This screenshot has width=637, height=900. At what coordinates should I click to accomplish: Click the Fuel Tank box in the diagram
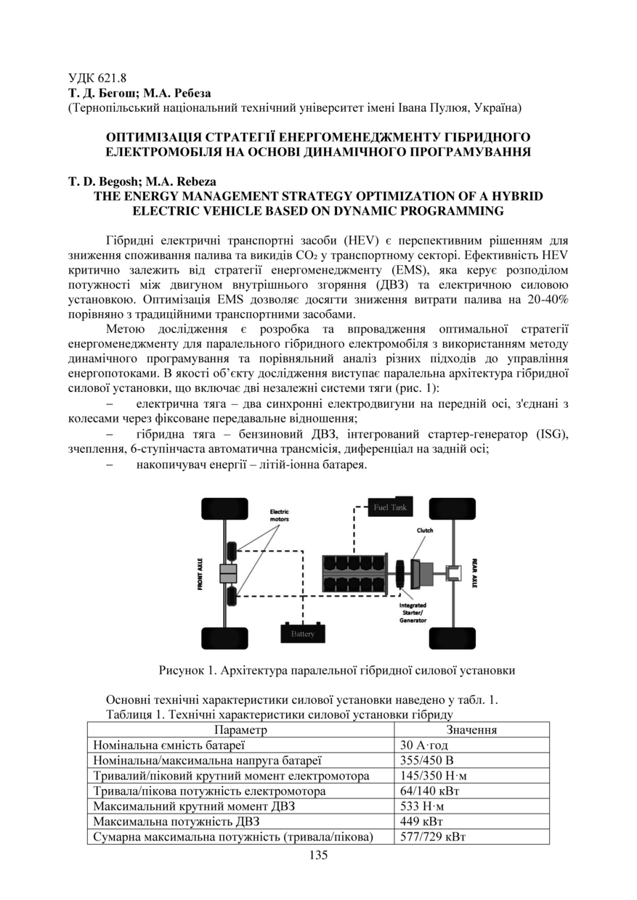[x=390, y=507]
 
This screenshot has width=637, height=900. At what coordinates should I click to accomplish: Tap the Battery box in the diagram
[x=303, y=634]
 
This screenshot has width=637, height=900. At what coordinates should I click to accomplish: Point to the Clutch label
[x=425, y=531]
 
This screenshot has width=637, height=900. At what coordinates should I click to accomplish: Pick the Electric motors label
[x=279, y=516]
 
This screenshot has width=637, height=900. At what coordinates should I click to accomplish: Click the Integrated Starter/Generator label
[x=413, y=613]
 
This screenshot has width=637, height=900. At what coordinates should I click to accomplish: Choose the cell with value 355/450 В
[x=427, y=761]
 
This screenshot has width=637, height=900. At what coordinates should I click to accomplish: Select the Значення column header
[x=471, y=730]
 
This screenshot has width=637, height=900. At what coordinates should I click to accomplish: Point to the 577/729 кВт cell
[x=433, y=837]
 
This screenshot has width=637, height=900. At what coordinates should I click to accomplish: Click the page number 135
[x=318, y=854]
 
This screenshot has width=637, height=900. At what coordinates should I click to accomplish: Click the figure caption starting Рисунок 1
[x=337, y=670]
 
